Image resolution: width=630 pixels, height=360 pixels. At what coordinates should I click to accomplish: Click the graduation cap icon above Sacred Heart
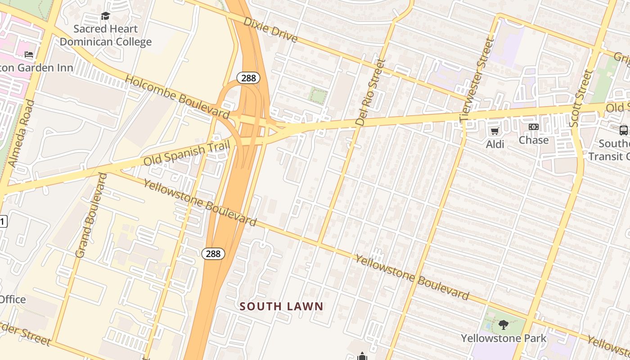(105, 16)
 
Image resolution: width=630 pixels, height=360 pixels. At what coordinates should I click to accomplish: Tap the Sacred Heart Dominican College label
(106, 36)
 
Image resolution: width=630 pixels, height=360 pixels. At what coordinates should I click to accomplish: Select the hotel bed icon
(29, 54)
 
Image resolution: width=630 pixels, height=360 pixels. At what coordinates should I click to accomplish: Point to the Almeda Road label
(22, 133)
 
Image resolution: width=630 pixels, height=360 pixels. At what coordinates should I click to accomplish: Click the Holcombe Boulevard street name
(177, 96)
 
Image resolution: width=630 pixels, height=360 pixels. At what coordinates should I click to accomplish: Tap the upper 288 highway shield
(248, 78)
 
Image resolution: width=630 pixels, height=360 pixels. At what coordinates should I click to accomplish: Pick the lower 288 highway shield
(213, 254)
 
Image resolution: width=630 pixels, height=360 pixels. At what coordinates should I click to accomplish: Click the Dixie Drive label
(270, 30)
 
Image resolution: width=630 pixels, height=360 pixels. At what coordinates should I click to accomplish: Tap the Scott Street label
(581, 98)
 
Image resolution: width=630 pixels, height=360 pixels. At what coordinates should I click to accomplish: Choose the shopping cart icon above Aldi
(495, 131)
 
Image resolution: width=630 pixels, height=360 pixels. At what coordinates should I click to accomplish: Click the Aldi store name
(495, 144)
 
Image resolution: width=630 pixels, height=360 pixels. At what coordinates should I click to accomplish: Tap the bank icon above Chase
(534, 127)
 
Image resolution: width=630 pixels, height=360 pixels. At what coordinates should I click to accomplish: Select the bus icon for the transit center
(624, 130)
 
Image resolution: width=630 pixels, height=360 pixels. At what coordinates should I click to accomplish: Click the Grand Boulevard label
(91, 215)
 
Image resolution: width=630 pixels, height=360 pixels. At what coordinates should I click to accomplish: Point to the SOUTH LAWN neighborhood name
(281, 306)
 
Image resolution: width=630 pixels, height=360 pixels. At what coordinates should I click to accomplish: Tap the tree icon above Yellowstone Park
(503, 324)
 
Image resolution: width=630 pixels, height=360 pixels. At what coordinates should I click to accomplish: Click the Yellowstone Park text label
(504, 338)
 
